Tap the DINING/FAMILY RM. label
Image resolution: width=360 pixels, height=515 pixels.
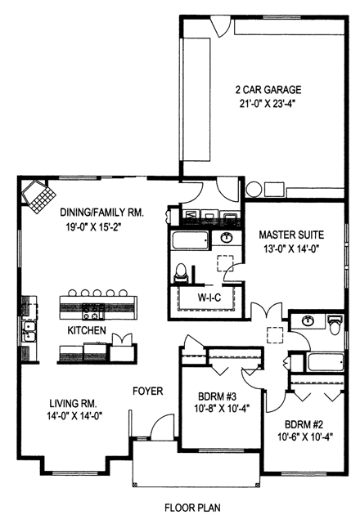[x=102, y=212]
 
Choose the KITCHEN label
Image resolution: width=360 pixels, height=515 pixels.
[x=87, y=330]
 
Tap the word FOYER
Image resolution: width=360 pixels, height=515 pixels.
[x=148, y=391]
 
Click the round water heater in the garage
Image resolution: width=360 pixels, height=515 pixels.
[x=254, y=190]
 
